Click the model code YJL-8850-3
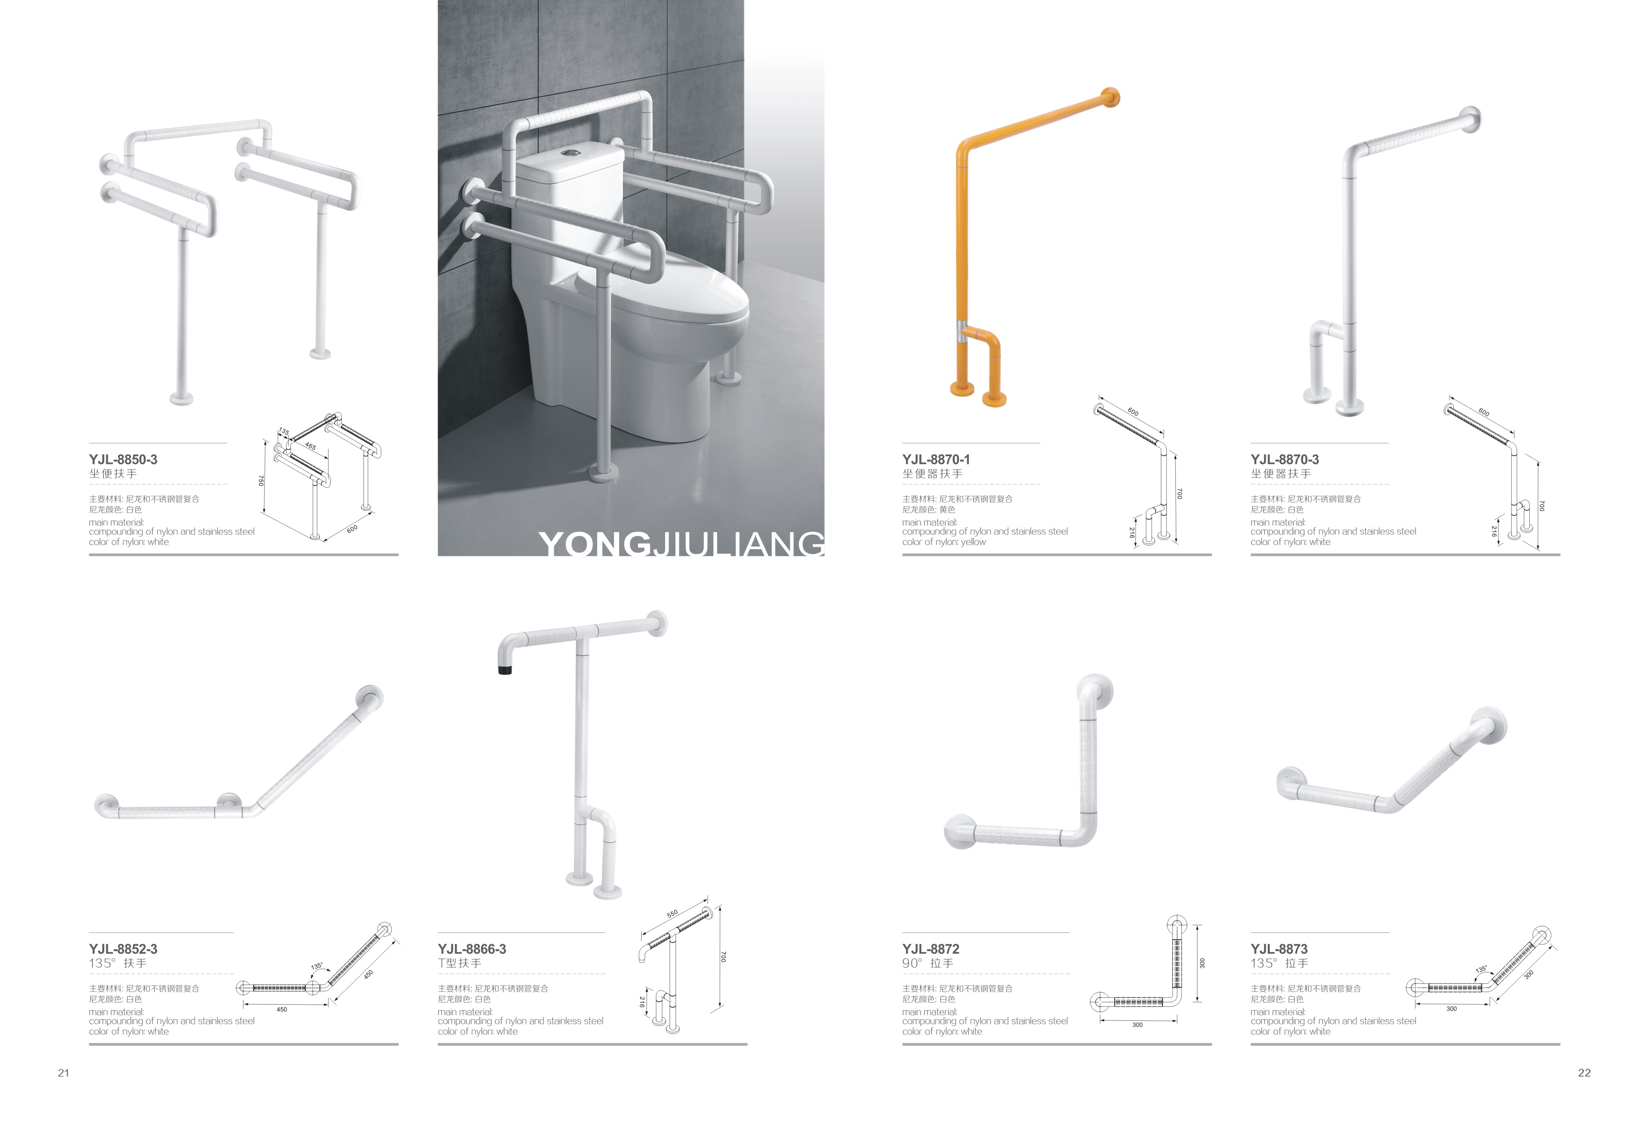click(123, 459)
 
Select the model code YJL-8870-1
click(936, 459)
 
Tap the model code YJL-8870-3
click(1284, 459)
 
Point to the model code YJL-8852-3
click(123, 949)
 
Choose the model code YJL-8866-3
click(472, 949)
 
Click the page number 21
click(63, 1073)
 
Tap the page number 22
click(1584, 1073)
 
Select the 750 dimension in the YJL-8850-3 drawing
click(261, 480)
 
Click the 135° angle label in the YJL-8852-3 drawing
click(316, 966)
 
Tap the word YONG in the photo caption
click(594, 544)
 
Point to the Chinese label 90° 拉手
click(928, 963)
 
